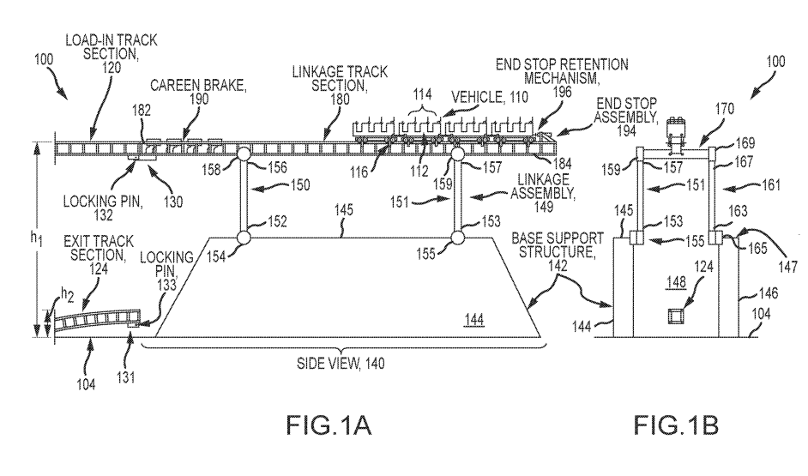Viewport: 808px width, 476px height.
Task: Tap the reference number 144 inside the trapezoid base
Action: [475, 322]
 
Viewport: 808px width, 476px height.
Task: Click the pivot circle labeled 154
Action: [243, 238]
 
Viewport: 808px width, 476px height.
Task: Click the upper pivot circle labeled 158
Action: [243, 154]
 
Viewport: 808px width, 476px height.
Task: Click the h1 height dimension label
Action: [15, 241]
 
